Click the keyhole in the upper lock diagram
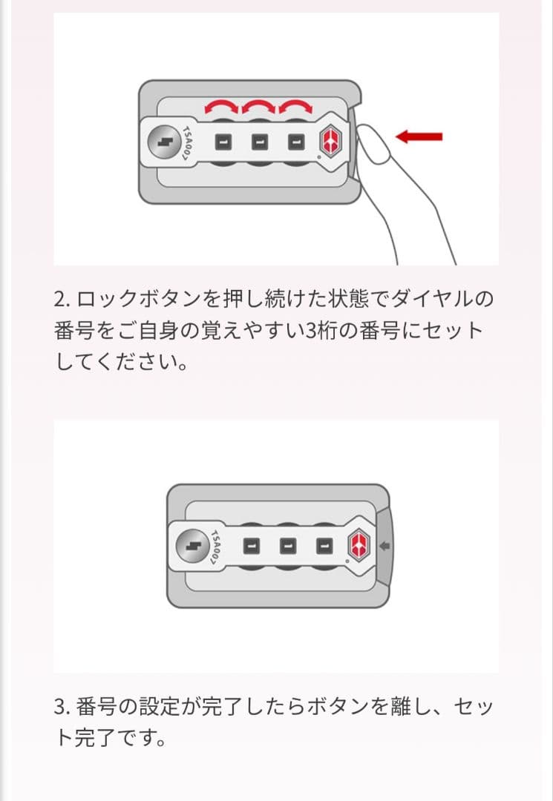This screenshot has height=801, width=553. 164,142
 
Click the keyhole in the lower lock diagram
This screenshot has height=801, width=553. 192,547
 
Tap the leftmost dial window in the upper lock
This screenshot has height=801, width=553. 223,142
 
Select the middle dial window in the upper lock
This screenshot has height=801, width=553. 260,142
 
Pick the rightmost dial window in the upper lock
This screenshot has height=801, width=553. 296,142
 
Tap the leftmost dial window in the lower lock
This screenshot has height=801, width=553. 251,546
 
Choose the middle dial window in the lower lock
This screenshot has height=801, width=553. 288,546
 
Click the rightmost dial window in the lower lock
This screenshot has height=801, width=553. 324,546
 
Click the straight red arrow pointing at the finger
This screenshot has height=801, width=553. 419,136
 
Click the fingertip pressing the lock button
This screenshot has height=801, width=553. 372,144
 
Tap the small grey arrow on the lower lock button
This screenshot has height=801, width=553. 385,546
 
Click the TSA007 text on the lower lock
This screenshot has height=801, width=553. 216,547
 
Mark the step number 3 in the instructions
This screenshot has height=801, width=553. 60,707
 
